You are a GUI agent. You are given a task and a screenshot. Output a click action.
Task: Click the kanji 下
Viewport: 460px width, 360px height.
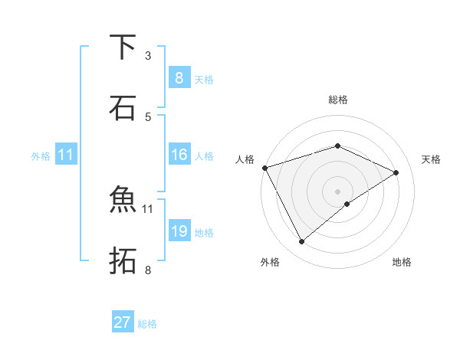[x=123, y=47]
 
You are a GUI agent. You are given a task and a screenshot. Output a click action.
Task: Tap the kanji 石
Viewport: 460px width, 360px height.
[x=123, y=107]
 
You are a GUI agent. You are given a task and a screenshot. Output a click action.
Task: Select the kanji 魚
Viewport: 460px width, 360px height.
[x=123, y=200]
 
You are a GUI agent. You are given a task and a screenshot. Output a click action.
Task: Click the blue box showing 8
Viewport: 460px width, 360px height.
[x=179, y=77]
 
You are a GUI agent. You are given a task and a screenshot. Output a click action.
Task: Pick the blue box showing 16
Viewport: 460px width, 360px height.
[x=179, y=155]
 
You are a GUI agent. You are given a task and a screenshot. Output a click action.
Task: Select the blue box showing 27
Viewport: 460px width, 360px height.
[x=123, y=322]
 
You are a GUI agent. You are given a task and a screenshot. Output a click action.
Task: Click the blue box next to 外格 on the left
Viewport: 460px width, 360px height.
[x=66, y=155]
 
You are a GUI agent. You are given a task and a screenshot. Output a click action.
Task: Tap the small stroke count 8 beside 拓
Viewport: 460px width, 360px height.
[x=148, y=270]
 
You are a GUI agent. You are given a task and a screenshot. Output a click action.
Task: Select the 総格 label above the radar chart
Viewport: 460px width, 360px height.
[x=338, y=100]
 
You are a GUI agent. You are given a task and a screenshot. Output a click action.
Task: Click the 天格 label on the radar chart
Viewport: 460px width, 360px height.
[x=431, y=159]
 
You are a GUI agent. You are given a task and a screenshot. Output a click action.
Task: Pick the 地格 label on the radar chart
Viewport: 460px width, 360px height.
[x=402, y=263]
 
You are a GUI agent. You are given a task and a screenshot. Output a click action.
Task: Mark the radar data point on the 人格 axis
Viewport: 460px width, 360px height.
[x=264, y=167]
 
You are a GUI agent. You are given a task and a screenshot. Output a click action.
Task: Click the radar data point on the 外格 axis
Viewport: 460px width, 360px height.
[x=301, y=242]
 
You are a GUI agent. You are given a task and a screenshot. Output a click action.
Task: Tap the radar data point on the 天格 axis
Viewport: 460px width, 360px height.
[x=396, y=172]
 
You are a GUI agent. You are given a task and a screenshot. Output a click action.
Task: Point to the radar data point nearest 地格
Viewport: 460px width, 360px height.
[x=347, y=204]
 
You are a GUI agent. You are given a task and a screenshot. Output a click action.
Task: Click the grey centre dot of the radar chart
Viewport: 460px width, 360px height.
[x=338, y=191]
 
